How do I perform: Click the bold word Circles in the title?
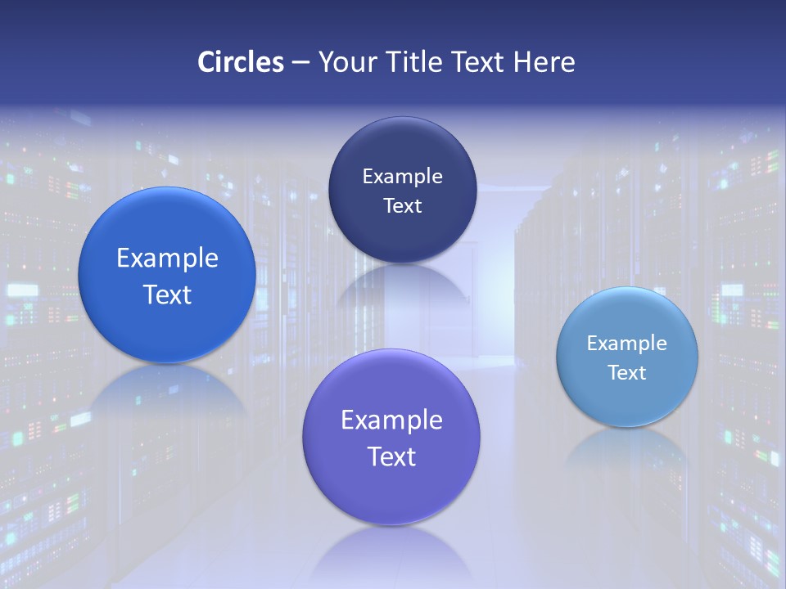[240, 62]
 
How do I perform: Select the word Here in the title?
[544, 62]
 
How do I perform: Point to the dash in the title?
[300, 63]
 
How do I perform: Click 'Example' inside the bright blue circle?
[167, 259]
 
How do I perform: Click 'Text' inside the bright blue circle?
[167, 294]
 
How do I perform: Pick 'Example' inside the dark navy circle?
[402, 176]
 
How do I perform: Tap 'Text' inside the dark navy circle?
[402, 205]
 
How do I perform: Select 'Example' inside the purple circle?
[391, 420]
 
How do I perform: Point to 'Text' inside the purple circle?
[391, 456]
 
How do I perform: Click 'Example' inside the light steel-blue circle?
[626, 344]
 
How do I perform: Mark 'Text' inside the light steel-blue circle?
[626, 373]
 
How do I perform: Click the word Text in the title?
[480, 62]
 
